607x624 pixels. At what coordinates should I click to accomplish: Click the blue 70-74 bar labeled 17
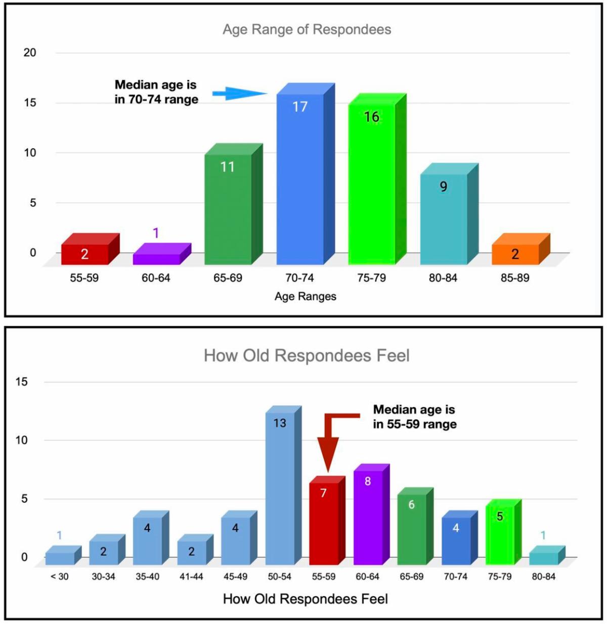coord(300,177)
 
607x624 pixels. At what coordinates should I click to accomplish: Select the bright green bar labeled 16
coord(372,182)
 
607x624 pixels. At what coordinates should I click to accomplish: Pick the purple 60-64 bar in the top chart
coord(156,258)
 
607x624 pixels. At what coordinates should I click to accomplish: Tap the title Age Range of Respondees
coord(307,29)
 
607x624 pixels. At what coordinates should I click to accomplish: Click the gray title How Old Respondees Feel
coord(307,355)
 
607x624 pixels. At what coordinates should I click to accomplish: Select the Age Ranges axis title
coord(305,296)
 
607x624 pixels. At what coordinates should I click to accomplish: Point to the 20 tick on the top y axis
coord(30,53)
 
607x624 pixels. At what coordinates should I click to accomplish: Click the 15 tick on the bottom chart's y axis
coord(21,382)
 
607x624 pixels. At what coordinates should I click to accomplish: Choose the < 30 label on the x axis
coord(59,576)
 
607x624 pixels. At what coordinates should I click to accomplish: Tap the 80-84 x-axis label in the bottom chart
coord(543,576)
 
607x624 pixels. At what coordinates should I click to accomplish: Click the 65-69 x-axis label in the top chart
coord(228,278)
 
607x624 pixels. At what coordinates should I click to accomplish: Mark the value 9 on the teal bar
coord(443,187)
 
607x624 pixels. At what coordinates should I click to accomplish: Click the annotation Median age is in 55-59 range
coord(414,417)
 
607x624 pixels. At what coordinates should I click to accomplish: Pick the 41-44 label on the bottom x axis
coord(191,576)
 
